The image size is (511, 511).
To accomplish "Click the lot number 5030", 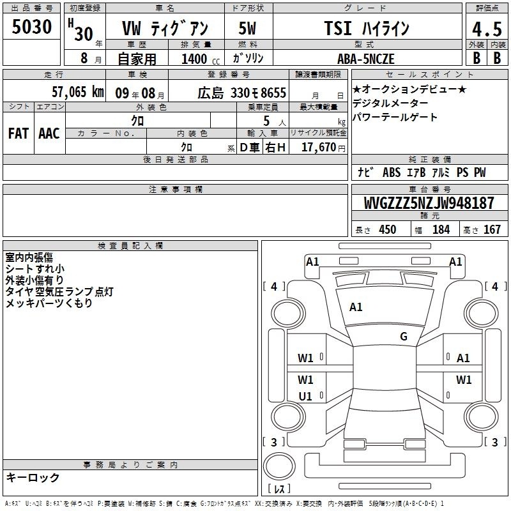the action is pyautogui.click(x=31, y=27).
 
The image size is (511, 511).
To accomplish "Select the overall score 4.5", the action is pyautogui.click(x=487, y=29).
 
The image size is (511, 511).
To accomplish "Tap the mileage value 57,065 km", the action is pyautogui.click(x=78, y=92).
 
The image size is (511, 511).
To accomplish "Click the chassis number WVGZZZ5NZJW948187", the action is pyautogui.click(x=429, y=203).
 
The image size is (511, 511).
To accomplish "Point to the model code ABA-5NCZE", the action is pyautogui.click(x=366, y=59).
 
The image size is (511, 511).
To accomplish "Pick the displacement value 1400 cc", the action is pyautogui.click(x=201, y=59).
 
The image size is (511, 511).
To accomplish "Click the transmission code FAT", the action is pyautogui.click(x=19, y=133).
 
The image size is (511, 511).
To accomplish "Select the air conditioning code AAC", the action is pyautogui.click(x=49, y=133).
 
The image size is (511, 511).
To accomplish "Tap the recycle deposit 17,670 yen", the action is pyautogui.click(x=323, y=148).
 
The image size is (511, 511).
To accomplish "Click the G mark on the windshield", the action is pyautogui.click(x=404, y=337).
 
